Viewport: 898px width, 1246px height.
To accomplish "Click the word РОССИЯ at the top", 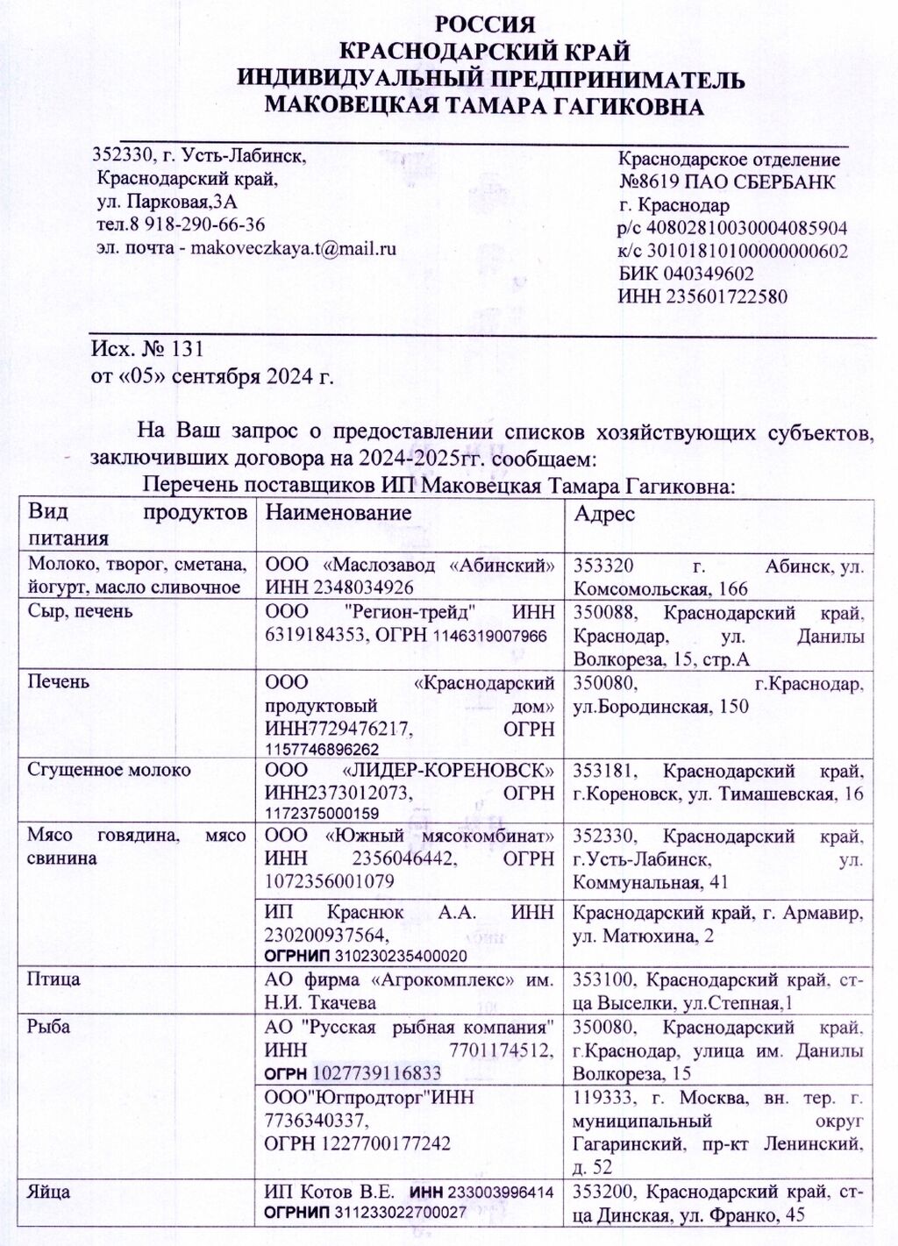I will click(x=484, y=24).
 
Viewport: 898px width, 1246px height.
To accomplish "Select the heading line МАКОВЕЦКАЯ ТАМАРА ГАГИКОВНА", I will click(x=484, y=107).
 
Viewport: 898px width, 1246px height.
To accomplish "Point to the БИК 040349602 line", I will click(x=687, y=273).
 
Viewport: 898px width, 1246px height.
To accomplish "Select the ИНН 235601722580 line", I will click(x=702, y=296).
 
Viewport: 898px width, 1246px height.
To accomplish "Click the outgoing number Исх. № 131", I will click(x=147, y=350).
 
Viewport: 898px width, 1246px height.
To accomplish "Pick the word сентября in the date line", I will click(x=211, y=378).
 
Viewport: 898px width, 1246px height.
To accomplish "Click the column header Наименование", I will click(x=339, y=513).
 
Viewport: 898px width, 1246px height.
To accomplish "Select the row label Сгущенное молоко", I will click(x=109, y=770).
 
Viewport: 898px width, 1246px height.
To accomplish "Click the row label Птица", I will click(x=54, y=978).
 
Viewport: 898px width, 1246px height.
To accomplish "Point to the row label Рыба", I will click(x=50, y=1027).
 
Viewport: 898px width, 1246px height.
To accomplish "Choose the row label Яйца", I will click(x=50, y=1193).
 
